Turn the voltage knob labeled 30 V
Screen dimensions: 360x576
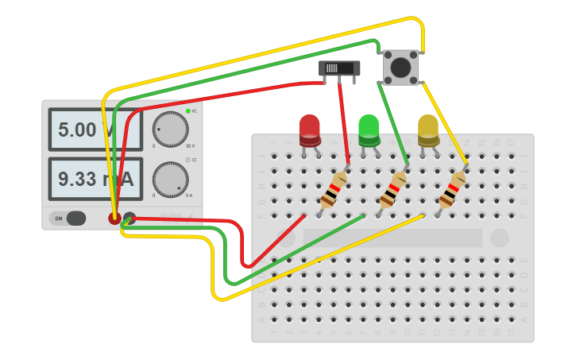[170, 129]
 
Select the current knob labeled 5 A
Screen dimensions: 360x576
[170, 180]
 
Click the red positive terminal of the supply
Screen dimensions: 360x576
[115, 218]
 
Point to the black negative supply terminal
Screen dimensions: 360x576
[130, 218]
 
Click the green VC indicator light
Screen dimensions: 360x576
[188, 111]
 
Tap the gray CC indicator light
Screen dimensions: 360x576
[188, 160]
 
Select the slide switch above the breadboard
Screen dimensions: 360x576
[339, 68]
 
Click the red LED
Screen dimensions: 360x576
[309, 130]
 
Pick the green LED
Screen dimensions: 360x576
[369, 130]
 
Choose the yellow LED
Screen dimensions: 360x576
[428, 130]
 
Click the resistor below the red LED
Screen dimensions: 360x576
[334, 191]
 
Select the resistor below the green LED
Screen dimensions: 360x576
[392, 191]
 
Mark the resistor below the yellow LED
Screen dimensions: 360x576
[452, 191]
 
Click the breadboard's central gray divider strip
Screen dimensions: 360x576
[392, 238]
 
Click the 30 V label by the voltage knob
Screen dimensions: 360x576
[189, 146]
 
